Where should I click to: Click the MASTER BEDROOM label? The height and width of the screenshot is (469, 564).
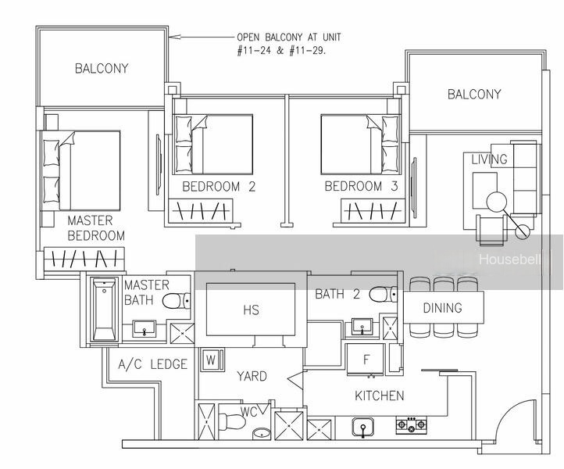point(96,228)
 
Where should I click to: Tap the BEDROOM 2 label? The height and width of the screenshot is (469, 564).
point(219,187)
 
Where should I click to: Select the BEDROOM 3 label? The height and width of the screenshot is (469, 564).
point(361,186)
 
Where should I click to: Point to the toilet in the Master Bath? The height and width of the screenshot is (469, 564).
point(177,301)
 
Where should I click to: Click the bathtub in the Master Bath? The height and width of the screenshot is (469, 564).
point(105,309)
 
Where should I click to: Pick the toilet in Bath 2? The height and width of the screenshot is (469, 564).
point(384,294)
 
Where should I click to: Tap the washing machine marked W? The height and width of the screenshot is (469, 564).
point(212,360)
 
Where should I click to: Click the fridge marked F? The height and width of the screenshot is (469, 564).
point(366,360)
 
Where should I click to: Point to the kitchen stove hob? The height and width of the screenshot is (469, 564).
point(411,425)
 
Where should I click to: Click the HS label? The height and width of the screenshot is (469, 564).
point(251,310)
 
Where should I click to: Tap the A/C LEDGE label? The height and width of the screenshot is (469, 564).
point(153,364)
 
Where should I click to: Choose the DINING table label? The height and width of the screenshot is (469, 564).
point(442,308)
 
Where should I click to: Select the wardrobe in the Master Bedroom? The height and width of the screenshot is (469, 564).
point(84,260)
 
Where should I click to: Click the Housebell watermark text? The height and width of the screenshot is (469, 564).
point(509,260)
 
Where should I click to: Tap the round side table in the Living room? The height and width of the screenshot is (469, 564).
point(496,202)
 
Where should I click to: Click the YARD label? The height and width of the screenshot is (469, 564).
point(252,376)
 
